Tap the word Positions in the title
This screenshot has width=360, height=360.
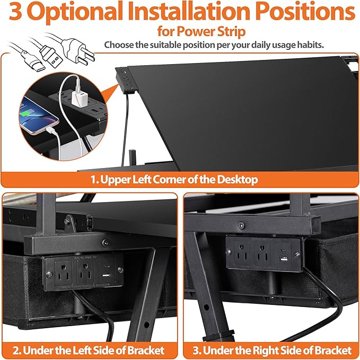point(305,11)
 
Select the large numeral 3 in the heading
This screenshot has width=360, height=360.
point(15,11)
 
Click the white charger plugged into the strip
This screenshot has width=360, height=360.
point(77,97)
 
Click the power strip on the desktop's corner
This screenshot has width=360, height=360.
point(125,81)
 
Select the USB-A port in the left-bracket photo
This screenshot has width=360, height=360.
point(106,275)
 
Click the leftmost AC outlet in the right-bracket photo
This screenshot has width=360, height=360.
point(241,252)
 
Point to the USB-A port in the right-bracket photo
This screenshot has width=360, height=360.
point(284,259)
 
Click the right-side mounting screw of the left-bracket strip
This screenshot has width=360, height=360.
point(120,270)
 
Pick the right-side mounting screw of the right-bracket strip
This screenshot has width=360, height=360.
point(296,255)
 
